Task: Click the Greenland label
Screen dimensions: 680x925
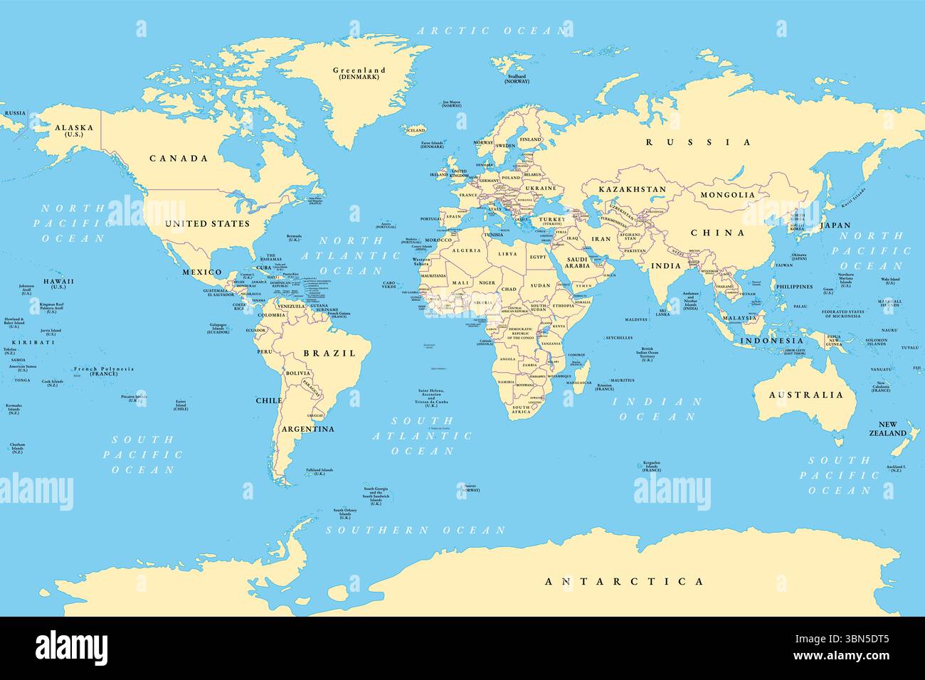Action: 359,70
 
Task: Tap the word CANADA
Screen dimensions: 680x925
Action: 179,159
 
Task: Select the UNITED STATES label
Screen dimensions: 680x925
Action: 207,223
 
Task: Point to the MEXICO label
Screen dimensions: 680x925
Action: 202,272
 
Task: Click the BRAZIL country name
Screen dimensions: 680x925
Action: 329,354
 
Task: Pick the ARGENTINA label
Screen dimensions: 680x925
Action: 307,429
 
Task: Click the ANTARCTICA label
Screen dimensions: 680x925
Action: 625,581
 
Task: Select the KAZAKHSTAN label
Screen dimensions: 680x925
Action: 632,190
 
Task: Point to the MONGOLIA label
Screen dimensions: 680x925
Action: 728,194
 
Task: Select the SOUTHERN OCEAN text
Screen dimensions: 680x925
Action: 416,530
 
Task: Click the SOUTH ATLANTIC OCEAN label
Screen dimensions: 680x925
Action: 423,435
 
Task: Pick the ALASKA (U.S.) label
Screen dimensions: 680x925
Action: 74,129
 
